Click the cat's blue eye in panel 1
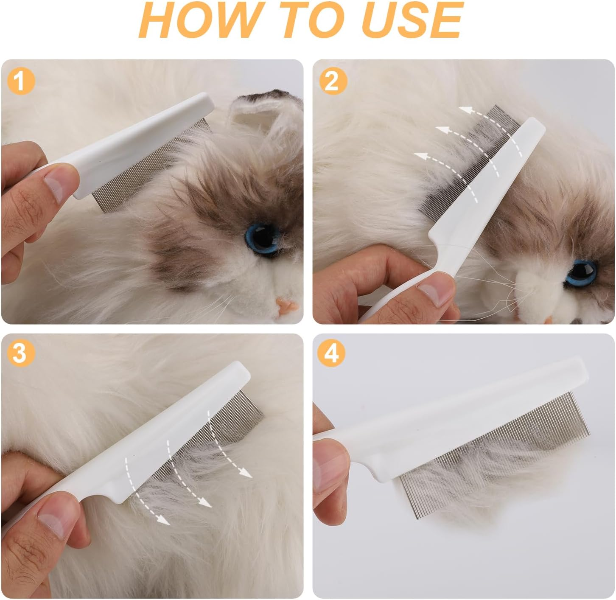pyautogui.click(x=262, y=236)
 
